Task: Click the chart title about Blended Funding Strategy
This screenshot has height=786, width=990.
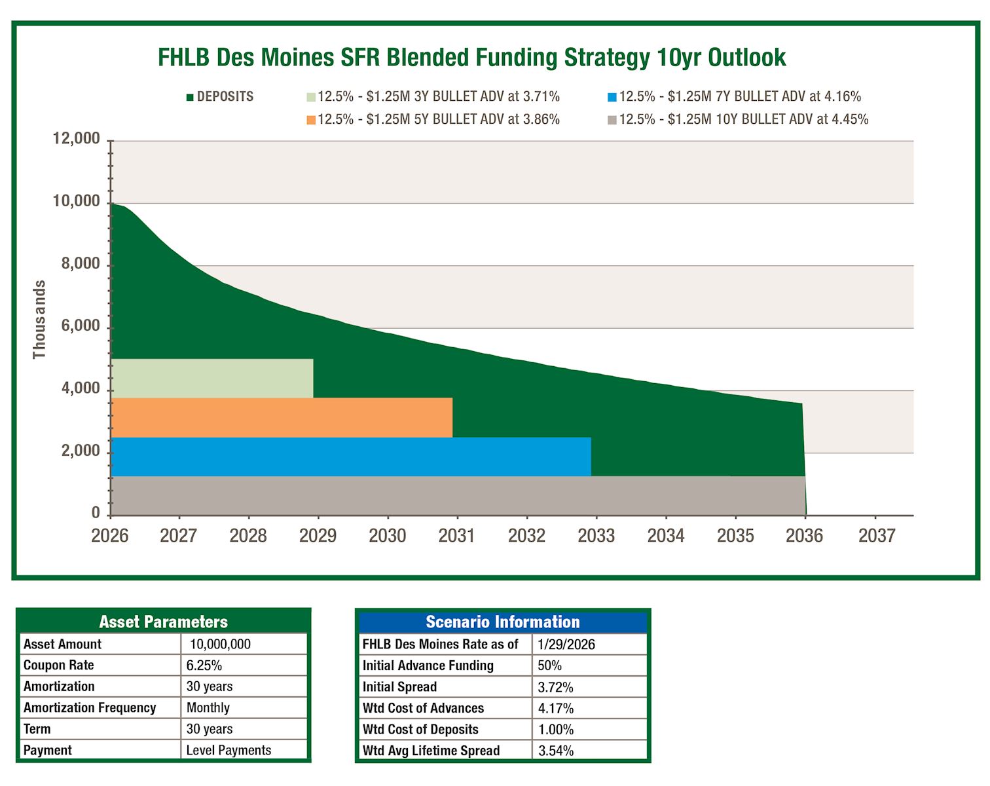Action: [471, 58]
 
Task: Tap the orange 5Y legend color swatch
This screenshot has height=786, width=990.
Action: [311, 120]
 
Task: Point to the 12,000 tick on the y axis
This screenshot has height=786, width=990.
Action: [77, 139]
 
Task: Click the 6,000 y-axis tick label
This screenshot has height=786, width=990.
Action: [81, 326]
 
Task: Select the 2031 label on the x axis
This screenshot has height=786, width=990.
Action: [456, 536]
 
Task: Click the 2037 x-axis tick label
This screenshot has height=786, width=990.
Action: [876, 536]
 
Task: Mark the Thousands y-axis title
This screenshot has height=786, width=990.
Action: [39, 320]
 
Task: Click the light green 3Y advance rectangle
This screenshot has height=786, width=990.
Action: [211, 378]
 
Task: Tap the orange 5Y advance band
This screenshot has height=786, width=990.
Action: [282, 417]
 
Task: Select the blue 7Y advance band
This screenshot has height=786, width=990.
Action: [350, 457]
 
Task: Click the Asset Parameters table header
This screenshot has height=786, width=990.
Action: [163, 622]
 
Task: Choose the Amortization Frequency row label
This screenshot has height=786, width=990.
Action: [90, 708]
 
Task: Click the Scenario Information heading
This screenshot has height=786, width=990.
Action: [502, 622]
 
